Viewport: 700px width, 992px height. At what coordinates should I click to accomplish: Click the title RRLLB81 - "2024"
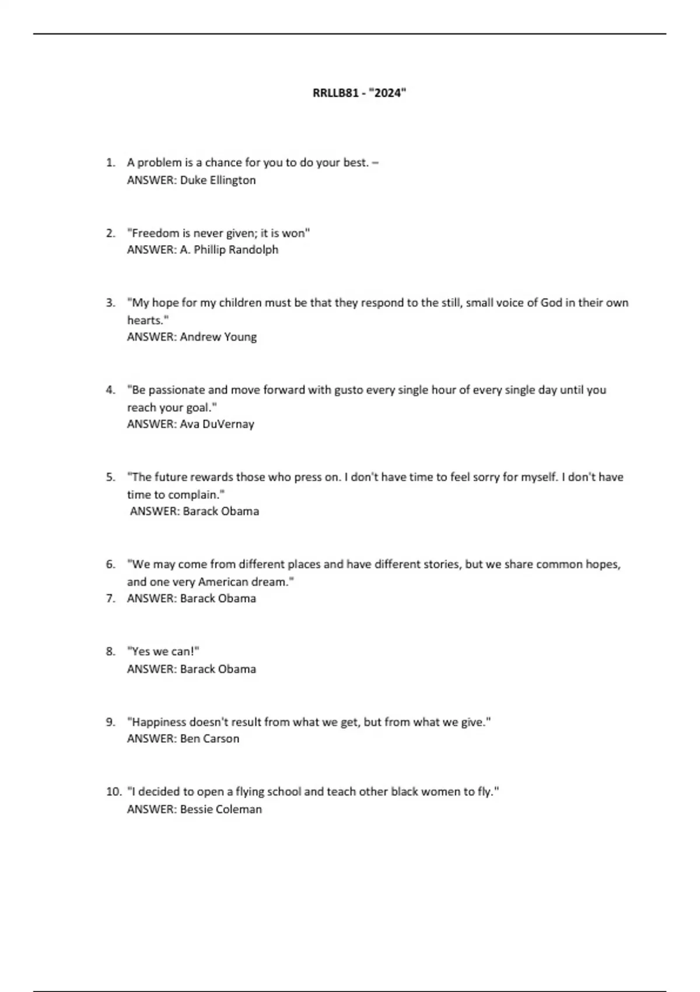359,93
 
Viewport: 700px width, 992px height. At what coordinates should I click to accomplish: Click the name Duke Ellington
218,180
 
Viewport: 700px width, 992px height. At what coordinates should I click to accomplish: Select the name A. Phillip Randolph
229,250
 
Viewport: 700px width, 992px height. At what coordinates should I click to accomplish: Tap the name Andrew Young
218,337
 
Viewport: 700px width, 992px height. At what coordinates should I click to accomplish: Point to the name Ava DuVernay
216,424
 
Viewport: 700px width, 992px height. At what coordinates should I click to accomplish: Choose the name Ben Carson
209,739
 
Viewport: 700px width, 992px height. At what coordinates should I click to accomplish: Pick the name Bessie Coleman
220,809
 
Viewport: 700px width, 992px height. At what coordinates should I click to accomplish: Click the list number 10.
113,792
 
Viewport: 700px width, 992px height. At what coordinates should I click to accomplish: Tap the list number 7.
111,599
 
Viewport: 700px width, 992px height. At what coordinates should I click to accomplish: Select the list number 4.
111,390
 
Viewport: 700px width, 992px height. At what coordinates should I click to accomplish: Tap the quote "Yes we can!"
163,652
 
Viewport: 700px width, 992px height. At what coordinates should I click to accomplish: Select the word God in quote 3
551,303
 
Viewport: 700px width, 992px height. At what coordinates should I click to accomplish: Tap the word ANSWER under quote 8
152,669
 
